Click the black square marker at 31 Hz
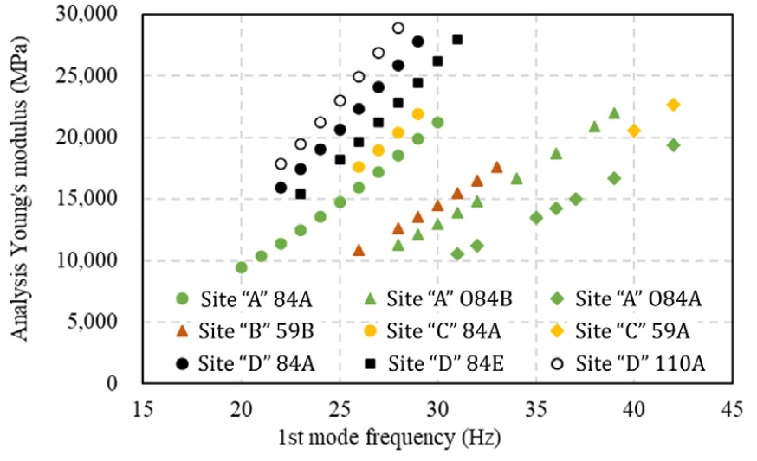457,39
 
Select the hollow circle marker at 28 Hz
398,28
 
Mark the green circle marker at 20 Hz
242,267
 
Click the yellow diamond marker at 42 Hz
673,105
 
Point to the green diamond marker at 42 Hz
673,145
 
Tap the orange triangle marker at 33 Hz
496,167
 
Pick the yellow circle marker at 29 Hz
418,114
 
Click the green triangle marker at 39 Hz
614,113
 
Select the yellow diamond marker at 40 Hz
634,131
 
